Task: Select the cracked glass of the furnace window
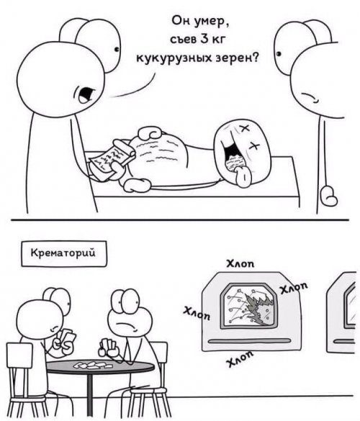point(252,306)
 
